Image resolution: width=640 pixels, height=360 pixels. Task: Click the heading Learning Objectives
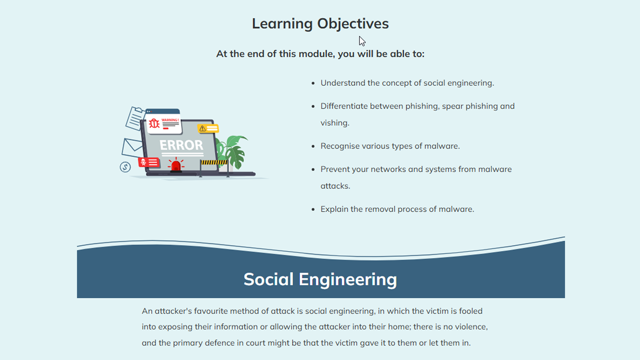[x=320, y=24]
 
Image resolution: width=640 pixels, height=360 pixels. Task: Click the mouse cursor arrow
[x=362, y=41]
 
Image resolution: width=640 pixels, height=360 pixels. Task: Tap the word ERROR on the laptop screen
[x=181, y=145]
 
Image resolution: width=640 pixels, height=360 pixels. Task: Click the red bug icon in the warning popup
[x=154, y=123]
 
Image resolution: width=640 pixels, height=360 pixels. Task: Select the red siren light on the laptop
[x=176, y=165]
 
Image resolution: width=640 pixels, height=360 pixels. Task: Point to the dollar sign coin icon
[x=125, y=167]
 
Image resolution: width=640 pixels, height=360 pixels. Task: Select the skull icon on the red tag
[x=144, y=162]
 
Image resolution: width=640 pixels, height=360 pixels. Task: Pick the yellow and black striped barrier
[x=214, y=162]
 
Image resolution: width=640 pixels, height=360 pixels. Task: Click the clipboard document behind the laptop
[x=135, y=118]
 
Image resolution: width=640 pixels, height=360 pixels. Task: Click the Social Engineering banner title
[x=320, y=279]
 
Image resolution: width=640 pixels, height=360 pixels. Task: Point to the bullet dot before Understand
[x=313, y=83]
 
